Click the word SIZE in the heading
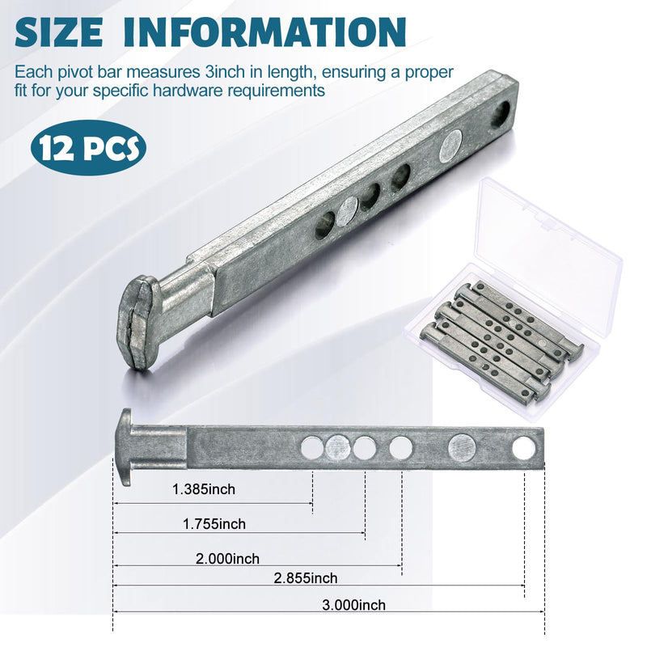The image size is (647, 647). (59, 32)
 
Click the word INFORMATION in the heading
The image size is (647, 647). (264, 32)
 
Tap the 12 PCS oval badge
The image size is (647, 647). (89, 148)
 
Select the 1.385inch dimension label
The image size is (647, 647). (204, 489)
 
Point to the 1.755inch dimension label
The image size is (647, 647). (214, 524)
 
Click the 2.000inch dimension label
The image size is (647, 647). (228, 559)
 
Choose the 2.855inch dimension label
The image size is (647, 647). (306, 578)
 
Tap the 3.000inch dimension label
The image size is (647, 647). (354, 605)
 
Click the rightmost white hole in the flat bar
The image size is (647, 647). (523, 449)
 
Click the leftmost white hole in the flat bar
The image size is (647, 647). (312, 448)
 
